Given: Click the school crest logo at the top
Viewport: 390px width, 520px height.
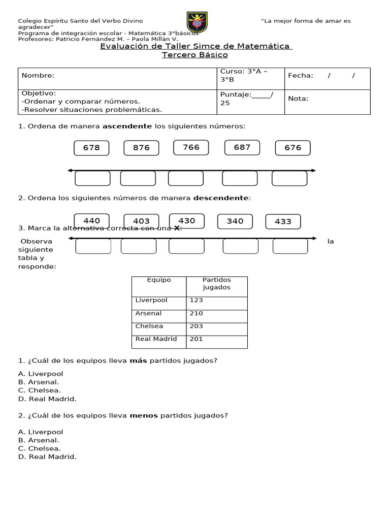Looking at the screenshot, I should [x=197, y=22].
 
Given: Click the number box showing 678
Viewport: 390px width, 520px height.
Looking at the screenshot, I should [x=91, y=148].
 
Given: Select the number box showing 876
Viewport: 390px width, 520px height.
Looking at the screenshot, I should [x=141, y=148].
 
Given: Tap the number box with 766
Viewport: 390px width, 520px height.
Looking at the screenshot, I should [x=191, y=147].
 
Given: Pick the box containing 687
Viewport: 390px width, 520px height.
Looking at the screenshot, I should [x=242, y=147].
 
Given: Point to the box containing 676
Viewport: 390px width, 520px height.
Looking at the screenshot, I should [x=292, y=148].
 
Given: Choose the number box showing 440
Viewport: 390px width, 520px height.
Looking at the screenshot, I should [x=91, y=221].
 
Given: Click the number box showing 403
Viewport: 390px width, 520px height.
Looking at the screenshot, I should [x=141, y=221].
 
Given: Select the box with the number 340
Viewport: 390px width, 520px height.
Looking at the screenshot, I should [x=235, y=221].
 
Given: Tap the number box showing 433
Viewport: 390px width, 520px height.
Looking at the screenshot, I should [x=283, y=221].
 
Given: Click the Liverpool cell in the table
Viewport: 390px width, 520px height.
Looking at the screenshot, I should [x=151, y=300].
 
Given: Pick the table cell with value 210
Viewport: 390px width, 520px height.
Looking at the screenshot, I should [x=197, y=313].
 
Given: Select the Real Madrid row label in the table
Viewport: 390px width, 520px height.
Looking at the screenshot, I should [x=156, y=339].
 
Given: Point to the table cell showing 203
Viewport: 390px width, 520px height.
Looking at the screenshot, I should [x=197, y=326].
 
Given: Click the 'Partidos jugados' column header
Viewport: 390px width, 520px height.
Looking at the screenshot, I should [x=216, y=283].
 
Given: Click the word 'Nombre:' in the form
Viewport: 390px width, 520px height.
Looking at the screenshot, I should [x=38, y=76].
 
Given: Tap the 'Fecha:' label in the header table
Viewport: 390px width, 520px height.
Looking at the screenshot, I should [x=301, y=76].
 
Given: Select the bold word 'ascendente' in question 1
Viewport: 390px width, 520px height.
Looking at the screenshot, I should [x=127, y=126].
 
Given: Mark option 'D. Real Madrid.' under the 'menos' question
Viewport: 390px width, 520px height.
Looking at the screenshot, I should [x=47, y=457].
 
